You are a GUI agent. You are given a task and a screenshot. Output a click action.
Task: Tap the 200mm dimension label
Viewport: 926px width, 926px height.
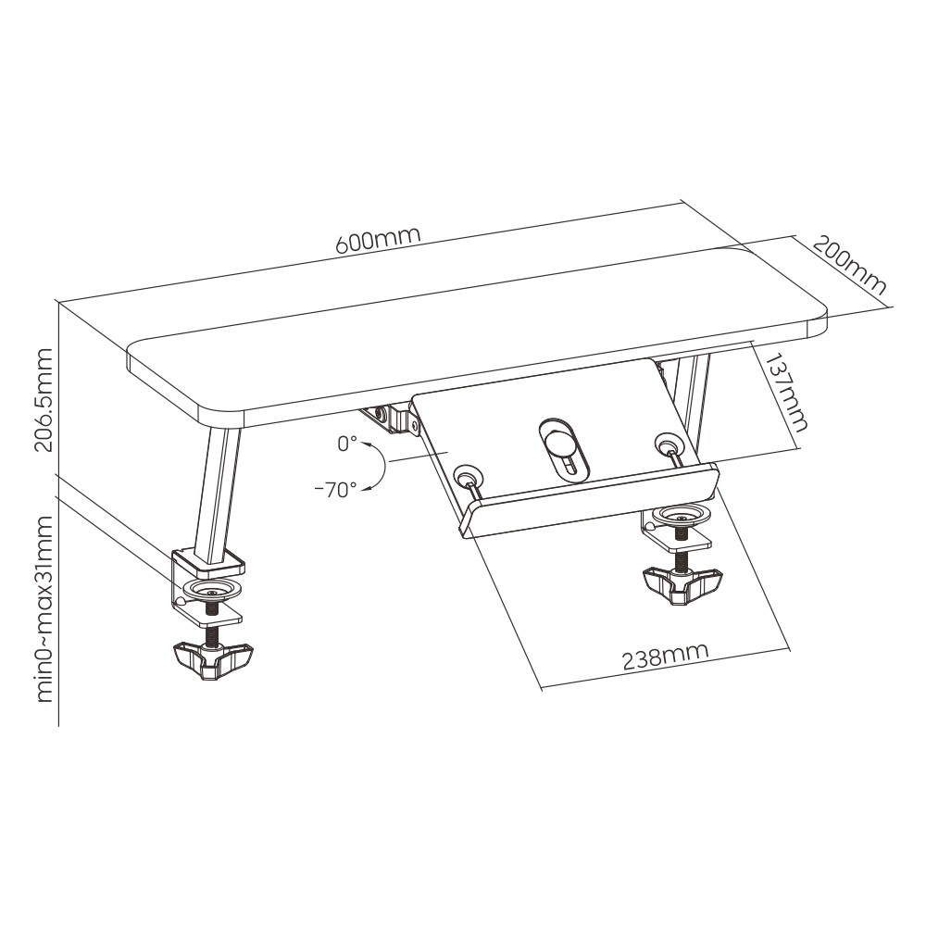coord(849,265)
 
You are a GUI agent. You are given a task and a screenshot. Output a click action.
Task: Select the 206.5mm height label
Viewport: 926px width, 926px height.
coord(44,400)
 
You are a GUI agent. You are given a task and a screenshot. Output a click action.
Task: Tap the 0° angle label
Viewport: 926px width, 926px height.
coord(347,444)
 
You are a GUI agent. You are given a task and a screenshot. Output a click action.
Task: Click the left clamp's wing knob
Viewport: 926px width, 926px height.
coord(213,661)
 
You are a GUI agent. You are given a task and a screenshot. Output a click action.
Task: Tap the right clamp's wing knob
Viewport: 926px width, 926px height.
coord(682,584)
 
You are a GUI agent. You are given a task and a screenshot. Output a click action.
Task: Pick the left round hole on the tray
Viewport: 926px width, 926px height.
coord(467,475)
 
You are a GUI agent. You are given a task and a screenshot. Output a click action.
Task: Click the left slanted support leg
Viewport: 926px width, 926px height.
coord(217,496)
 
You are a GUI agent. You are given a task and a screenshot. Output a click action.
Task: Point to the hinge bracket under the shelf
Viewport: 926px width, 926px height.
coord(391,419)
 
